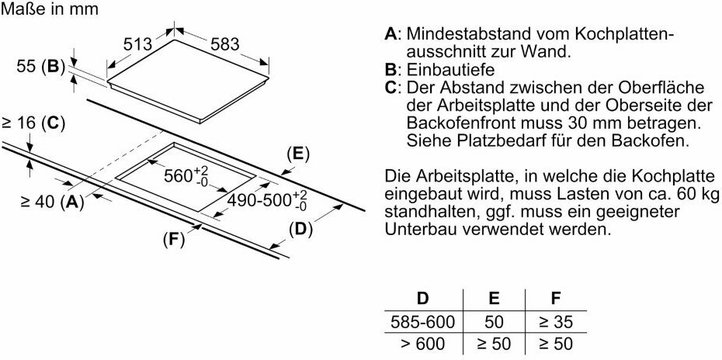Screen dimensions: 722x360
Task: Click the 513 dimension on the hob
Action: tap(137, 45)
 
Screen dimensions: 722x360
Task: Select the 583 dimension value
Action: tap(224, 44)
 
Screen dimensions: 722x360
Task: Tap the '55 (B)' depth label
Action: tap(41, 67)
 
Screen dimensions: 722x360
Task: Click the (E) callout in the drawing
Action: tap(297, 153)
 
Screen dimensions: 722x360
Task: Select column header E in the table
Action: tap(495, 298)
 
